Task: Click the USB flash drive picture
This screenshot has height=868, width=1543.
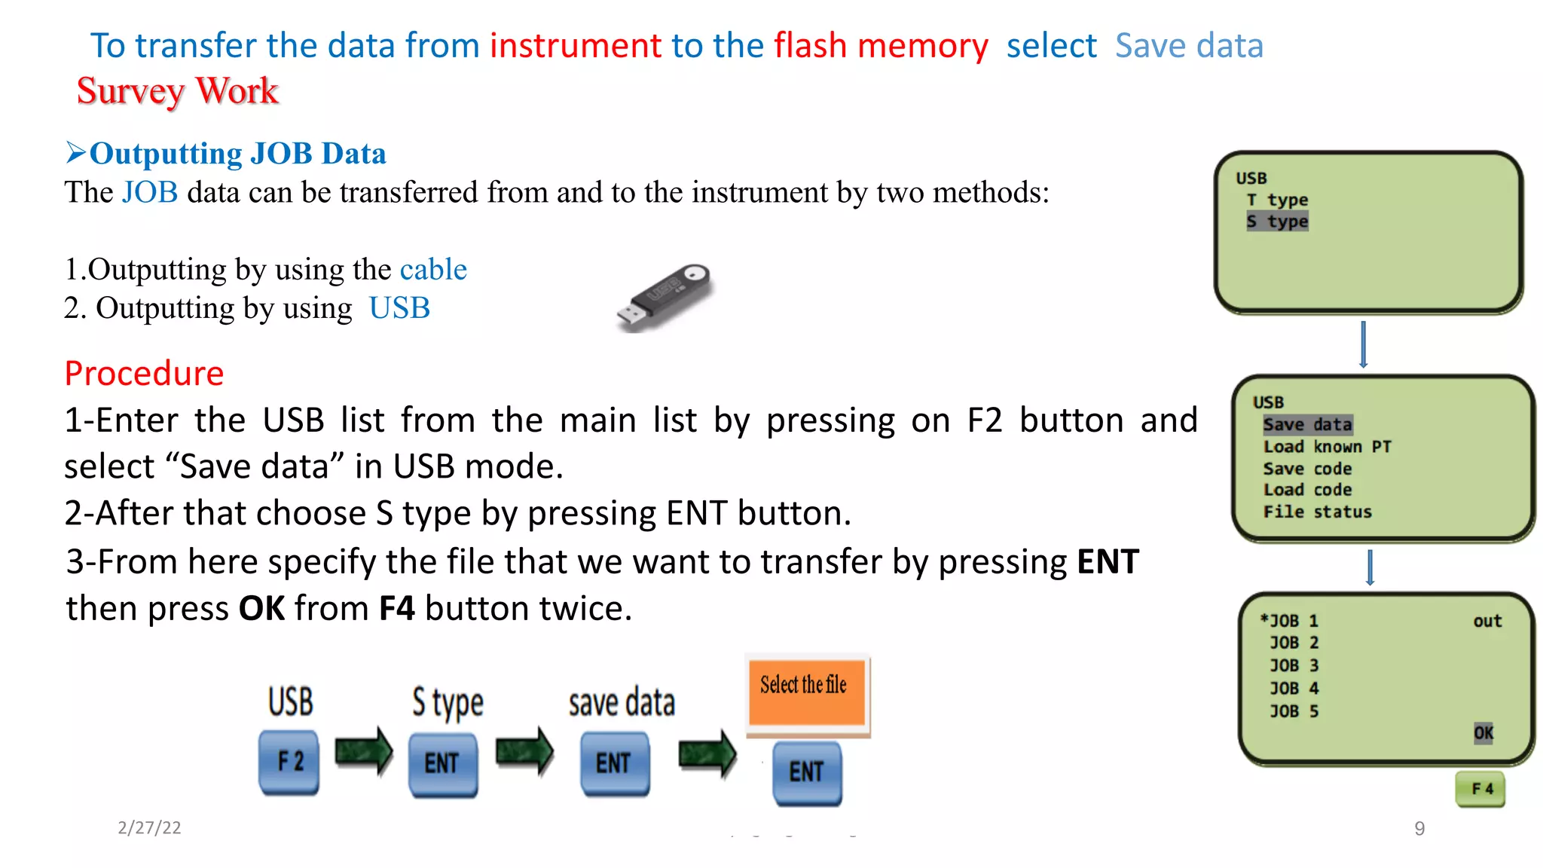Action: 665,298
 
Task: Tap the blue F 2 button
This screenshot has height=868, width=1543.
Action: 289,762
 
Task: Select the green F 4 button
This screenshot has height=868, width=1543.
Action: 1480,789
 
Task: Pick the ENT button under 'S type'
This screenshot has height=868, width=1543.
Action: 442,764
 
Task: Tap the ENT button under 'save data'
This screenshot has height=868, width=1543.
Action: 615,764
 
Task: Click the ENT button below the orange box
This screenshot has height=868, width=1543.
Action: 807,773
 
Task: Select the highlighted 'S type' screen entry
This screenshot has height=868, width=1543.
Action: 1277,222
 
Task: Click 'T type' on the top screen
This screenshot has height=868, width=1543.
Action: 1277,200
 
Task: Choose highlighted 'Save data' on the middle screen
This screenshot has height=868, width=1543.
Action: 1308,425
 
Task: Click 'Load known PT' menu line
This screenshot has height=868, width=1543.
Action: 1328,447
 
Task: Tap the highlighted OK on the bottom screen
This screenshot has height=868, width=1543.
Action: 1483,733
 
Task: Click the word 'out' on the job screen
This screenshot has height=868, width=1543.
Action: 1488,622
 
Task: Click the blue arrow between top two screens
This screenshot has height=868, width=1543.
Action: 1363,344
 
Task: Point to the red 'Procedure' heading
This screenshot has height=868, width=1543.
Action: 144,374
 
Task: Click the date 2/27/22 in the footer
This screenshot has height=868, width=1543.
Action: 149,828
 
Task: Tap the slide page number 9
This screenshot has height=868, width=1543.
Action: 1419,829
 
